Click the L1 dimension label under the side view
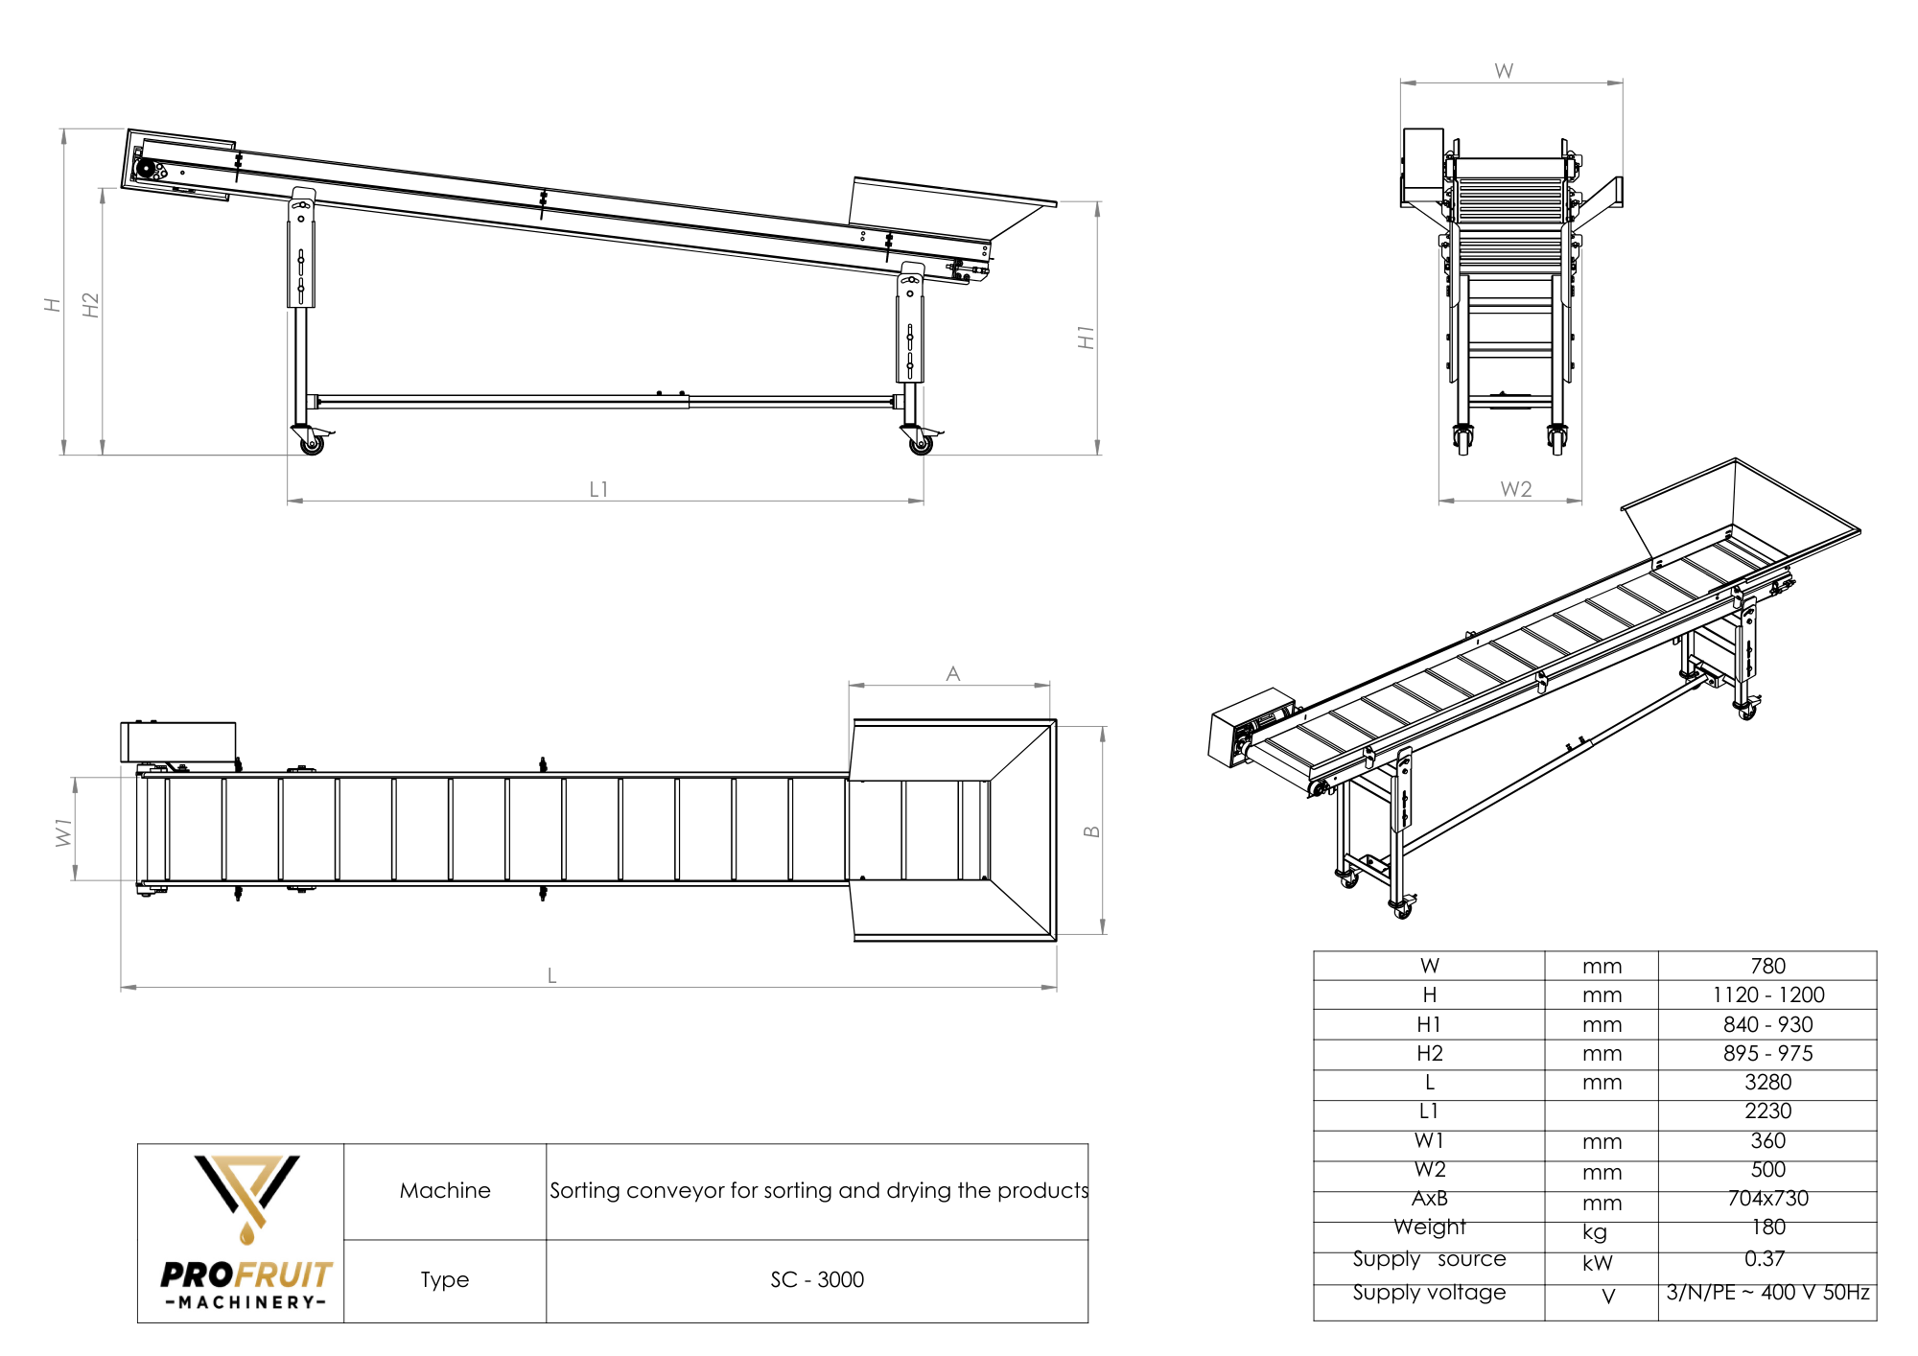point(598,489)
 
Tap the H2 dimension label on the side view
point(91,305)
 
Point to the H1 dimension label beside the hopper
point(1086,337)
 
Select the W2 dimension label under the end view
point(1515,489)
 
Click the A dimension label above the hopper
point(952,673)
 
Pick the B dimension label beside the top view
point(1091,831)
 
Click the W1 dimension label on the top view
point(64,831)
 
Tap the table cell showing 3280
point(1767,1082)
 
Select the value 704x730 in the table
point(1767,1198)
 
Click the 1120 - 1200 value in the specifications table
point(1767,994)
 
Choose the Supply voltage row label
point(1429,1292)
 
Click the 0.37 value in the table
point(1765,1258)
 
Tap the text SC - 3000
point(817,1279)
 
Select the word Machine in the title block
point(445,1190)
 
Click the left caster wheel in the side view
point(312,444)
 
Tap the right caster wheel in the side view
point(919,444)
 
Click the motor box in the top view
point(178,742)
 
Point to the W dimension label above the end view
point(1504,71)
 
